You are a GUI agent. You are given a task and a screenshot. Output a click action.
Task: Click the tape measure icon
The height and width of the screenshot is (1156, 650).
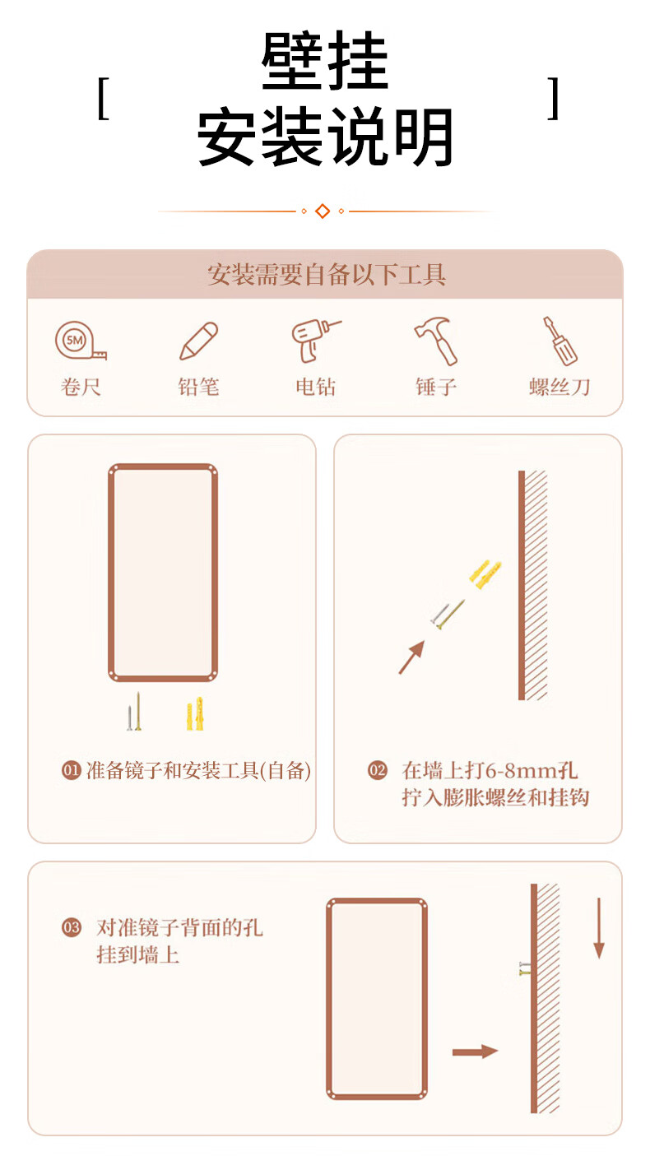81,341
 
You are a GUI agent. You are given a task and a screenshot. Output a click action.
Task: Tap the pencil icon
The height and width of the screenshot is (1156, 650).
198,341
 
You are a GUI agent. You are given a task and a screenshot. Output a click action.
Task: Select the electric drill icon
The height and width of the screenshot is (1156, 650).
316,341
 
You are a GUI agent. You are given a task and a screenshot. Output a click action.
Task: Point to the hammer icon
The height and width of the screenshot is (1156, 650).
436,341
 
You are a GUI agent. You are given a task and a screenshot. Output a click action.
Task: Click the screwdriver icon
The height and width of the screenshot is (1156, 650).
559,341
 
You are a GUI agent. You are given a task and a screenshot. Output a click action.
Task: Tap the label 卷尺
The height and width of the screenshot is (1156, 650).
81,387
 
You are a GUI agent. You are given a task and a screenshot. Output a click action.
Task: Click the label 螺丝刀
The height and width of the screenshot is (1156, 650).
559,387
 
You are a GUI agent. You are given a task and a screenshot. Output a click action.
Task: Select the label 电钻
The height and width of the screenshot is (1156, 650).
316,387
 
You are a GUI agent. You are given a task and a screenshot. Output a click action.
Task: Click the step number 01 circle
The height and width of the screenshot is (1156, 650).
72,770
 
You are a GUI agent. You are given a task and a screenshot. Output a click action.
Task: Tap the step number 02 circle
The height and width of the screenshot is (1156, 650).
377,770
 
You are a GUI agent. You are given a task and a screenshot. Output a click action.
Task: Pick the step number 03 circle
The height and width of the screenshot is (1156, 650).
72,927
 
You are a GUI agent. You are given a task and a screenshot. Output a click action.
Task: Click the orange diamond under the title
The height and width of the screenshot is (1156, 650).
323,211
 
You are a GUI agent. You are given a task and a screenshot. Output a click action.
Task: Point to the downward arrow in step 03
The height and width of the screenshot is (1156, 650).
598,928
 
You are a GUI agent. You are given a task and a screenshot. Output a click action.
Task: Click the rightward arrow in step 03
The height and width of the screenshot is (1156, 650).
475,1052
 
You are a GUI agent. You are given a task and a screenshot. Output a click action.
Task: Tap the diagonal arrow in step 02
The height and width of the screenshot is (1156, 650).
411,657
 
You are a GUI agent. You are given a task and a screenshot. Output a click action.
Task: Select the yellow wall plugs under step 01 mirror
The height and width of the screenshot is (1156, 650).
195,713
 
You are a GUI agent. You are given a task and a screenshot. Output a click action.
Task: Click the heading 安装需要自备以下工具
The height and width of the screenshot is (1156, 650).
327,274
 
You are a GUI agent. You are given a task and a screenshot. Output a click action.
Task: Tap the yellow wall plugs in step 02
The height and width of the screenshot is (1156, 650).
485,573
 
